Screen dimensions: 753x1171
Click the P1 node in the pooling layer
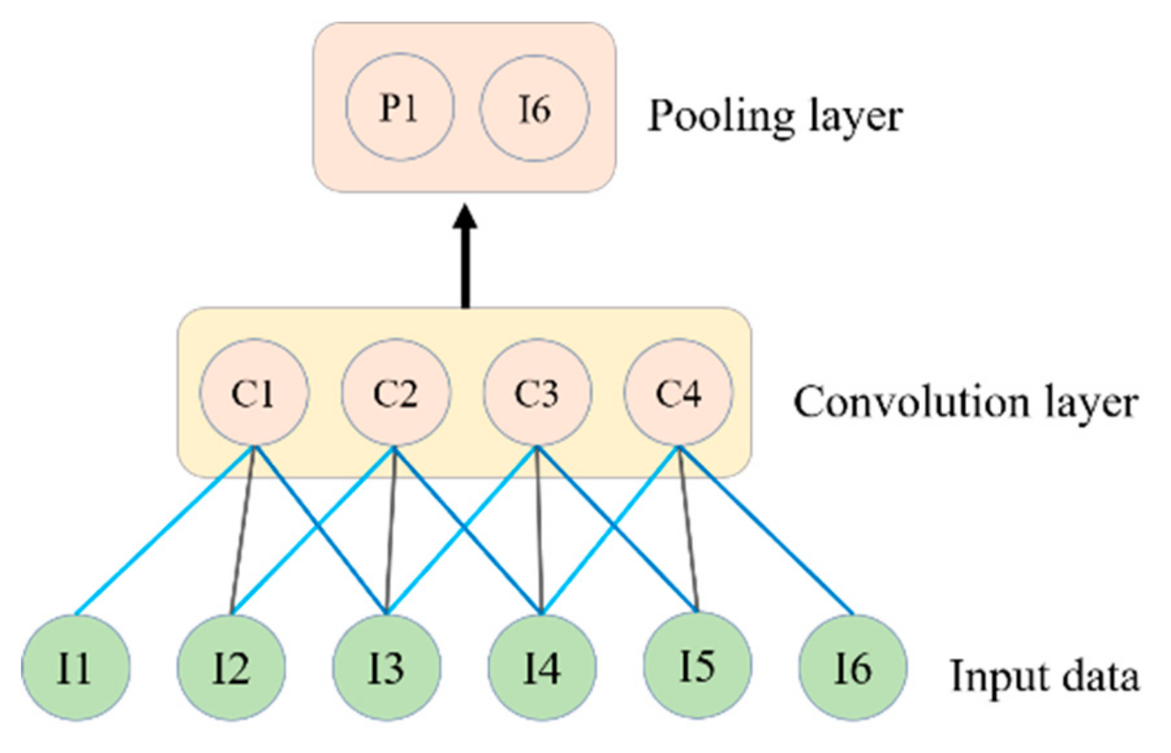click(399, 108)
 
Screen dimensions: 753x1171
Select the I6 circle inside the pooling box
click(534, 109)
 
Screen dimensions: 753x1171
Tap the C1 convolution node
click(254, 392)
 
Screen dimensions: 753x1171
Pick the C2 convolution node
click(395, 392)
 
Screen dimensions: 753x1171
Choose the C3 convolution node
click(537, 392)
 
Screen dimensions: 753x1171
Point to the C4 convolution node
click(678, 392)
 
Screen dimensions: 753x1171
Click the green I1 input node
click(75, 668)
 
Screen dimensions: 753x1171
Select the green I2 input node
click(231, 668)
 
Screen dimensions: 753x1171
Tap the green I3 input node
click(386, 668)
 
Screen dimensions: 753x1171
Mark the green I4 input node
click(542, 668)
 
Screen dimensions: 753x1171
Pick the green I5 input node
click(697, 666)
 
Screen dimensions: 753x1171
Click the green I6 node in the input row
click(853, 668)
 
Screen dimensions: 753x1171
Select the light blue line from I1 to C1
click(165, 531)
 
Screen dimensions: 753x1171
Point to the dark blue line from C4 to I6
click(765, 530)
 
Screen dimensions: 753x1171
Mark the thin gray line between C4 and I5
click(688, 530)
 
